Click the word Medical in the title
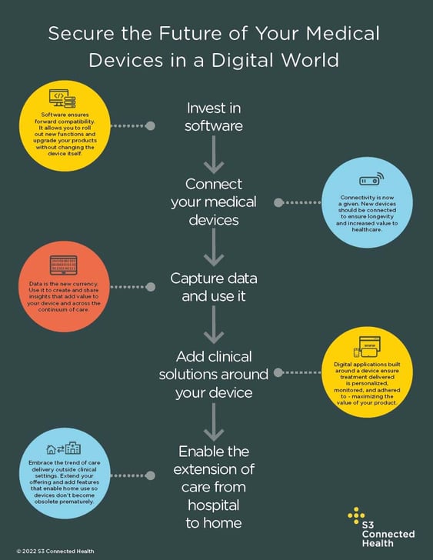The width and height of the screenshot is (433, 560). click(x=343, y=33)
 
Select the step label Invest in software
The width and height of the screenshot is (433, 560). click(x=214, y=117)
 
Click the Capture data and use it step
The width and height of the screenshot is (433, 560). click(x=214, y=287)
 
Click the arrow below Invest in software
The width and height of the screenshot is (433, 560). click(x=214, y=155)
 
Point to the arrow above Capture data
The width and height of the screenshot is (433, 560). click(x=214, y=247)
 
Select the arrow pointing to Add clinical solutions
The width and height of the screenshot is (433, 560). click(x=214, y=325)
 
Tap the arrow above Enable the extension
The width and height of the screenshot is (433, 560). click(x=214, y=422)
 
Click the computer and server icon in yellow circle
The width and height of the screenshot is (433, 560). click(x=62, y=98)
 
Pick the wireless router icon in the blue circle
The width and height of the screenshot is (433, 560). click(x=371, y=179)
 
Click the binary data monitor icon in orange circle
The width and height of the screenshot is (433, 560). click(x=64, y=265)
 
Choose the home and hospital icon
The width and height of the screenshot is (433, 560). click(x=64, y=448)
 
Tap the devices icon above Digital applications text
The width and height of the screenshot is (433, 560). click(x=367, y=347)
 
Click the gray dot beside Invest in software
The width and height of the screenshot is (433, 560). click(x=150, y=125)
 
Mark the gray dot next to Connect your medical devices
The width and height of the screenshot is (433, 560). click(x=278, y=202)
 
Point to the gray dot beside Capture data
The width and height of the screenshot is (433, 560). click(x=151, y=287)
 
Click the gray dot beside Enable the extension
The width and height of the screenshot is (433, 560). click(x=150, y=475)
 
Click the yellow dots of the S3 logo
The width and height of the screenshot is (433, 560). click(x=356, y=515)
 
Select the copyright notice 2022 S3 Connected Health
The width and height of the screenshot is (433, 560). click(x=55, y=551)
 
